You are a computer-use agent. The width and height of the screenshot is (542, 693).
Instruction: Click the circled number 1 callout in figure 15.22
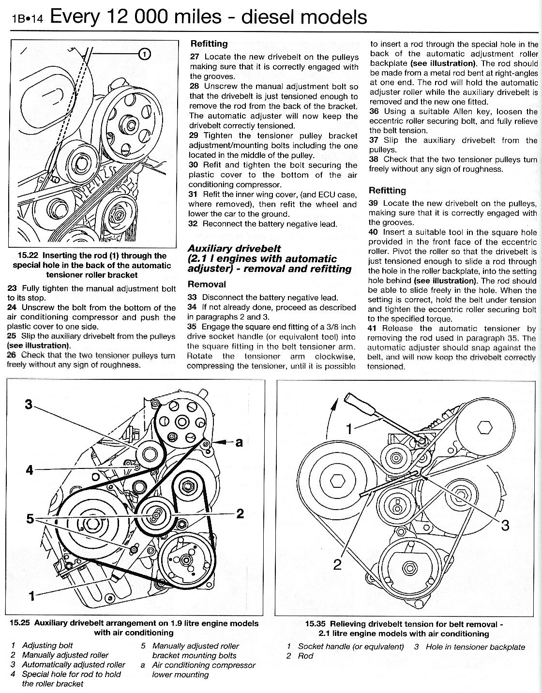click(x=145, y=54)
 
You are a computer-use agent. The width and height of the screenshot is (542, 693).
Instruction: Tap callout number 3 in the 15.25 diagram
click(x=29, y=404)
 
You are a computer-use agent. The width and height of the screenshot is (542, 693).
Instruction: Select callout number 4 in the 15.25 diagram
click(x=30, y=470)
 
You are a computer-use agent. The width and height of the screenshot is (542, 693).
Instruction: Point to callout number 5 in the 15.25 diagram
click(x=30, y=519)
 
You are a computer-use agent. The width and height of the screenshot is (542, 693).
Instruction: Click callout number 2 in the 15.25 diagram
click(x=240, y=513)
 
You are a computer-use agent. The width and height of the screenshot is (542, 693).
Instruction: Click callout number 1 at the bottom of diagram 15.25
click(x=32, y=596)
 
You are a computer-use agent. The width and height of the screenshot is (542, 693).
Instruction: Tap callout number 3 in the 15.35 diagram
click(x=505, y=525)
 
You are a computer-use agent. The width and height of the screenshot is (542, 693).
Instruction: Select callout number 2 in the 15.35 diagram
click(x=338, y=564)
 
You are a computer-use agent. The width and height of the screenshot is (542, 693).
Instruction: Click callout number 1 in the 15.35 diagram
click(x=352, y=428)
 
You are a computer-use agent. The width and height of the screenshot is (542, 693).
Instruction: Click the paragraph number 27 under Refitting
click(x=195, y=57)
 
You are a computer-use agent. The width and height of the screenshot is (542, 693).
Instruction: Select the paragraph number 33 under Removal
click(x=193, y=298)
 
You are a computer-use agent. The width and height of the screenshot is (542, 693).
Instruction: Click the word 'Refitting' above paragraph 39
click(x=387, y=190)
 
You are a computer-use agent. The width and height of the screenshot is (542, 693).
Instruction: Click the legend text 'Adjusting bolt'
click(x=47, y=646)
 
